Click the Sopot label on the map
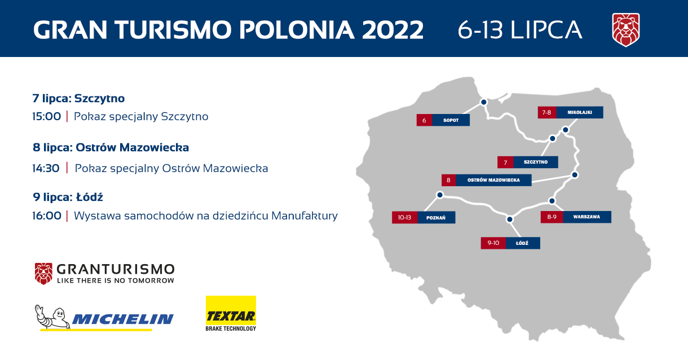point(451,120)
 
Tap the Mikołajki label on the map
point(580,112)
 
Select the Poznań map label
point(436,218)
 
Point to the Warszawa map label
point(586,217)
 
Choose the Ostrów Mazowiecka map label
point(493,180)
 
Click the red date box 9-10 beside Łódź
point(493,243)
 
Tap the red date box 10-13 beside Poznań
point(404,218)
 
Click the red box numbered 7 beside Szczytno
point(505,163)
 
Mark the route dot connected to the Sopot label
point(484,102)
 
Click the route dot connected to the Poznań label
point(440,195)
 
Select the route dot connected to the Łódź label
point(510,219)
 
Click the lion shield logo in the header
point(626,30)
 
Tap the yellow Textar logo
point(231,314)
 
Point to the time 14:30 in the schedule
point(46,169)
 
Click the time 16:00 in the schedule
point(47,216)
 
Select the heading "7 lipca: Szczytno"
point(78,99)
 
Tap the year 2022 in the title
point(393,30)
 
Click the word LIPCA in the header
point(547,30)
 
